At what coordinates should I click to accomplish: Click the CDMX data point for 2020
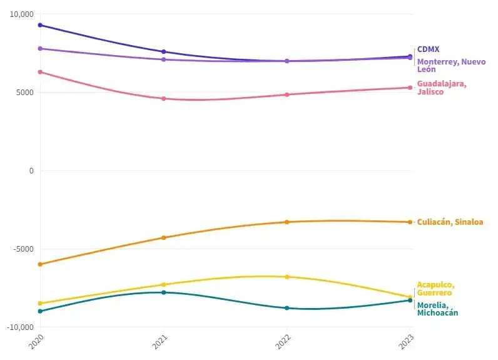[x=40, y=25]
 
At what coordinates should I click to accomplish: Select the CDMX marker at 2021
[x=164, y=52]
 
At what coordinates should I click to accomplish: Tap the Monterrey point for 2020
[x=40, y=48]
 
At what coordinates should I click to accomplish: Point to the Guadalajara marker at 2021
[x=164, y=98]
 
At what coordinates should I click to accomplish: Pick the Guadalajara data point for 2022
[x=287, y=95]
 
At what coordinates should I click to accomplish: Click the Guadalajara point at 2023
[x=410, y=88]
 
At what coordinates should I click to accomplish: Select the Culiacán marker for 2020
[x=40, y=264]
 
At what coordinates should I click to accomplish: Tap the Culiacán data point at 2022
[x=287, y=222]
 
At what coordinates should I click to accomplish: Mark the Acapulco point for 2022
[x=287, y=277]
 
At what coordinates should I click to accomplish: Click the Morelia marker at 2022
[x=287, y=308]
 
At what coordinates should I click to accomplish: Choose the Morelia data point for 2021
[x=164, y=292]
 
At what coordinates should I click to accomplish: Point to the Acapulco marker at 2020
[x=40, y=303]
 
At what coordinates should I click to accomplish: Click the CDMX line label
[x=429, y=49]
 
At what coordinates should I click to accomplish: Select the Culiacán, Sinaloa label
[x=450, y=222]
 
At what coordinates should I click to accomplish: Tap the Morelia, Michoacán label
[x=437, y=309]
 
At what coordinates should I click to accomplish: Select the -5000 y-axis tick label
[x=23, y=249]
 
